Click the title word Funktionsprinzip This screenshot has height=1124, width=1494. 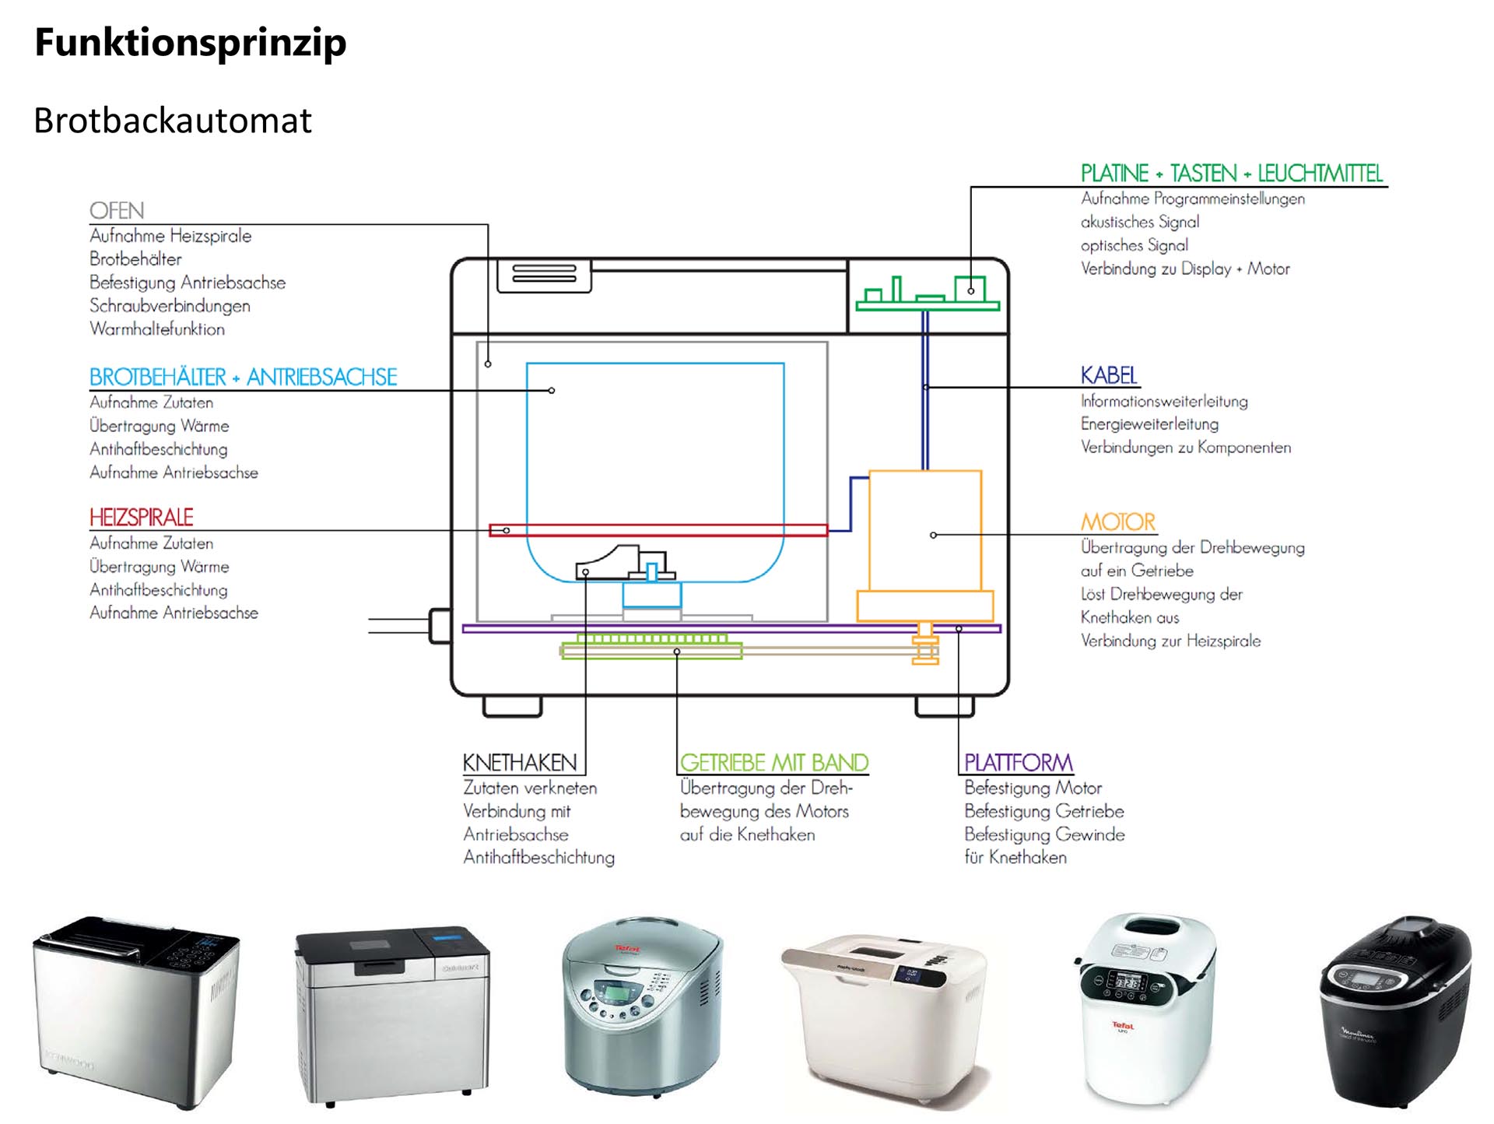[191, 43]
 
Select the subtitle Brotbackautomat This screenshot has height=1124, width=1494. [173, 121]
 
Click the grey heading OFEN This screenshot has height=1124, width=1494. [117, 211]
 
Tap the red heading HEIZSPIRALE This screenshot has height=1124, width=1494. [141, 518]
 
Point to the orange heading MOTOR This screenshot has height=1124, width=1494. [1118, 522]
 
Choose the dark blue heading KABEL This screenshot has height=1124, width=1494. [1109, 376]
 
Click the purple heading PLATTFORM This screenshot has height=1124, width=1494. [1018, 763]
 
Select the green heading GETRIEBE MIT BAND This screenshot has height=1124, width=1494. [773, 763]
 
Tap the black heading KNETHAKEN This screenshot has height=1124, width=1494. [520, 763]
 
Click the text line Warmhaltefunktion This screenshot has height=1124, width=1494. [157, 329]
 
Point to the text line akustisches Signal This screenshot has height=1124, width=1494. [1140, 223]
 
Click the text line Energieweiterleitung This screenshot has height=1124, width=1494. [1149, 424]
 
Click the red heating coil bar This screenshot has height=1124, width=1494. [658, 530]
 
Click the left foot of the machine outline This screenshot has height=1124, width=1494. [512, 706]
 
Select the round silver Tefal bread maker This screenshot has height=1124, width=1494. [643, 1004]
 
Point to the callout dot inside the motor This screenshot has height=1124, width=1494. [933, 535]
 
